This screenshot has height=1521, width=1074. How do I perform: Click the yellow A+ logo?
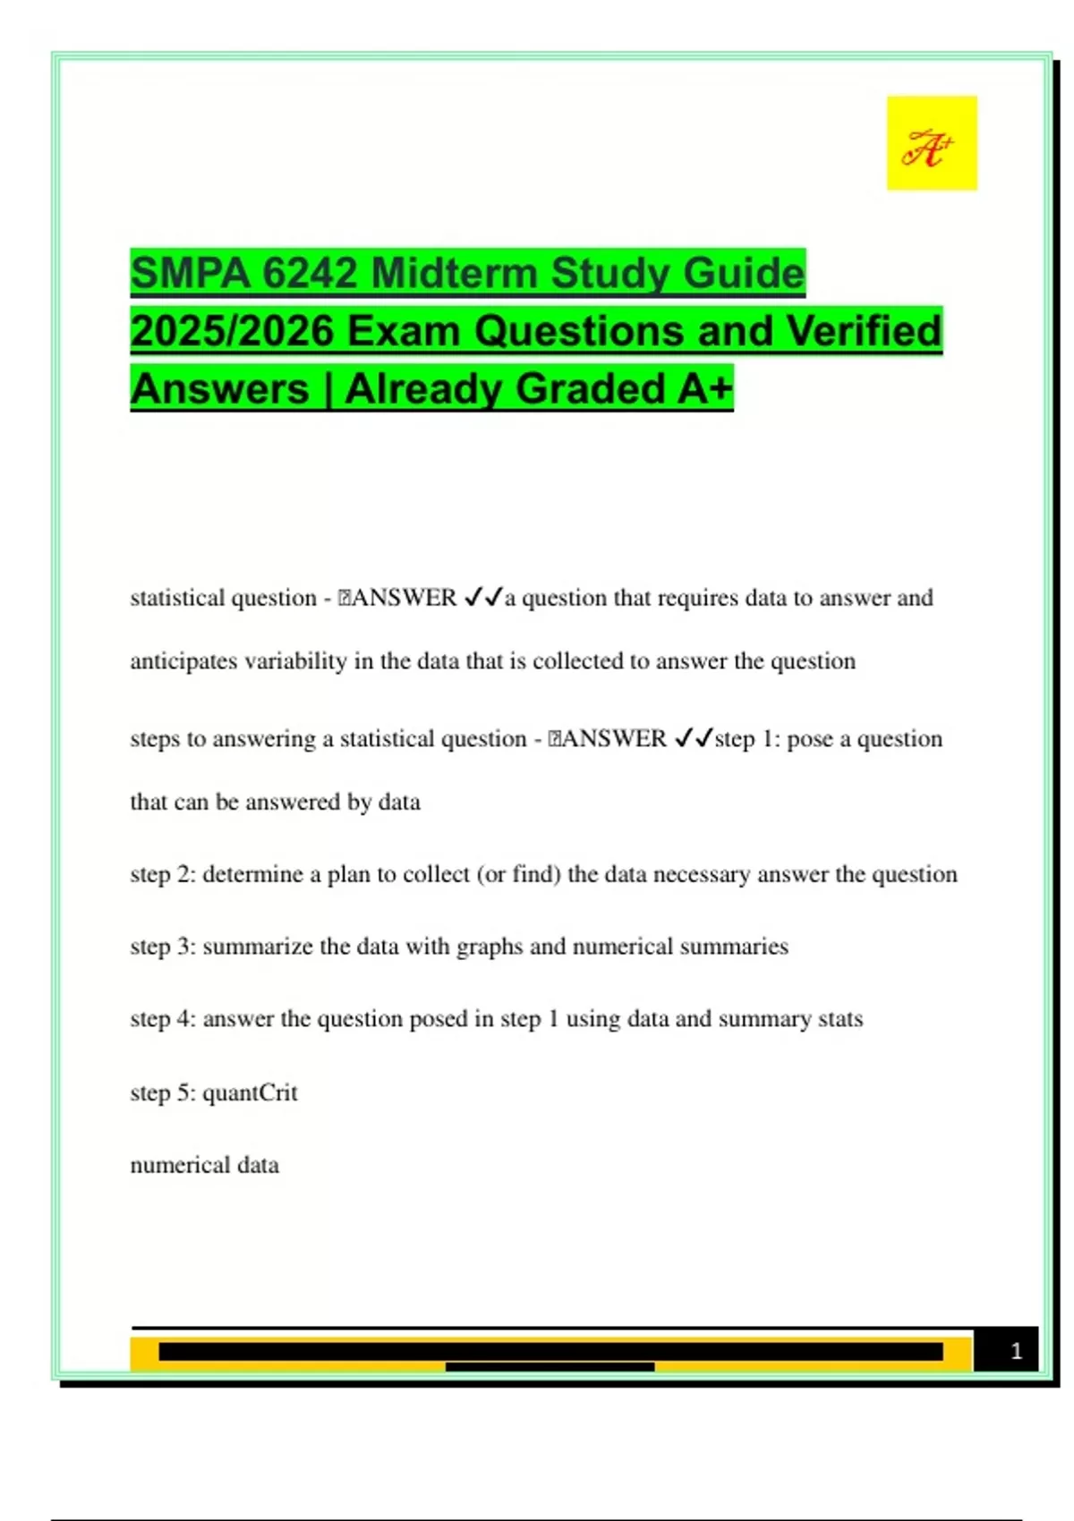click(x=932, y=143)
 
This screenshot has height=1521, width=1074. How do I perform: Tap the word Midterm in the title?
click(x=454, y=273)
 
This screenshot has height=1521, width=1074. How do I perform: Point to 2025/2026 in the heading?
click(x=232, y=331)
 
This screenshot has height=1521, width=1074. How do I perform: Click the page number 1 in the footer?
click(x=1016, y=1351)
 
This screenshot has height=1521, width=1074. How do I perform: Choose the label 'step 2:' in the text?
click(x=163, y=874)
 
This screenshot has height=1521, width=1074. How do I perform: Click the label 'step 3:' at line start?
click(x=163, y=947)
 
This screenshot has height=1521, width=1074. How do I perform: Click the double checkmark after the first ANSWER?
click(x=483, y=597)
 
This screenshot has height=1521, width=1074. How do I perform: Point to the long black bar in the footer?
click(x=550, y=1351)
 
